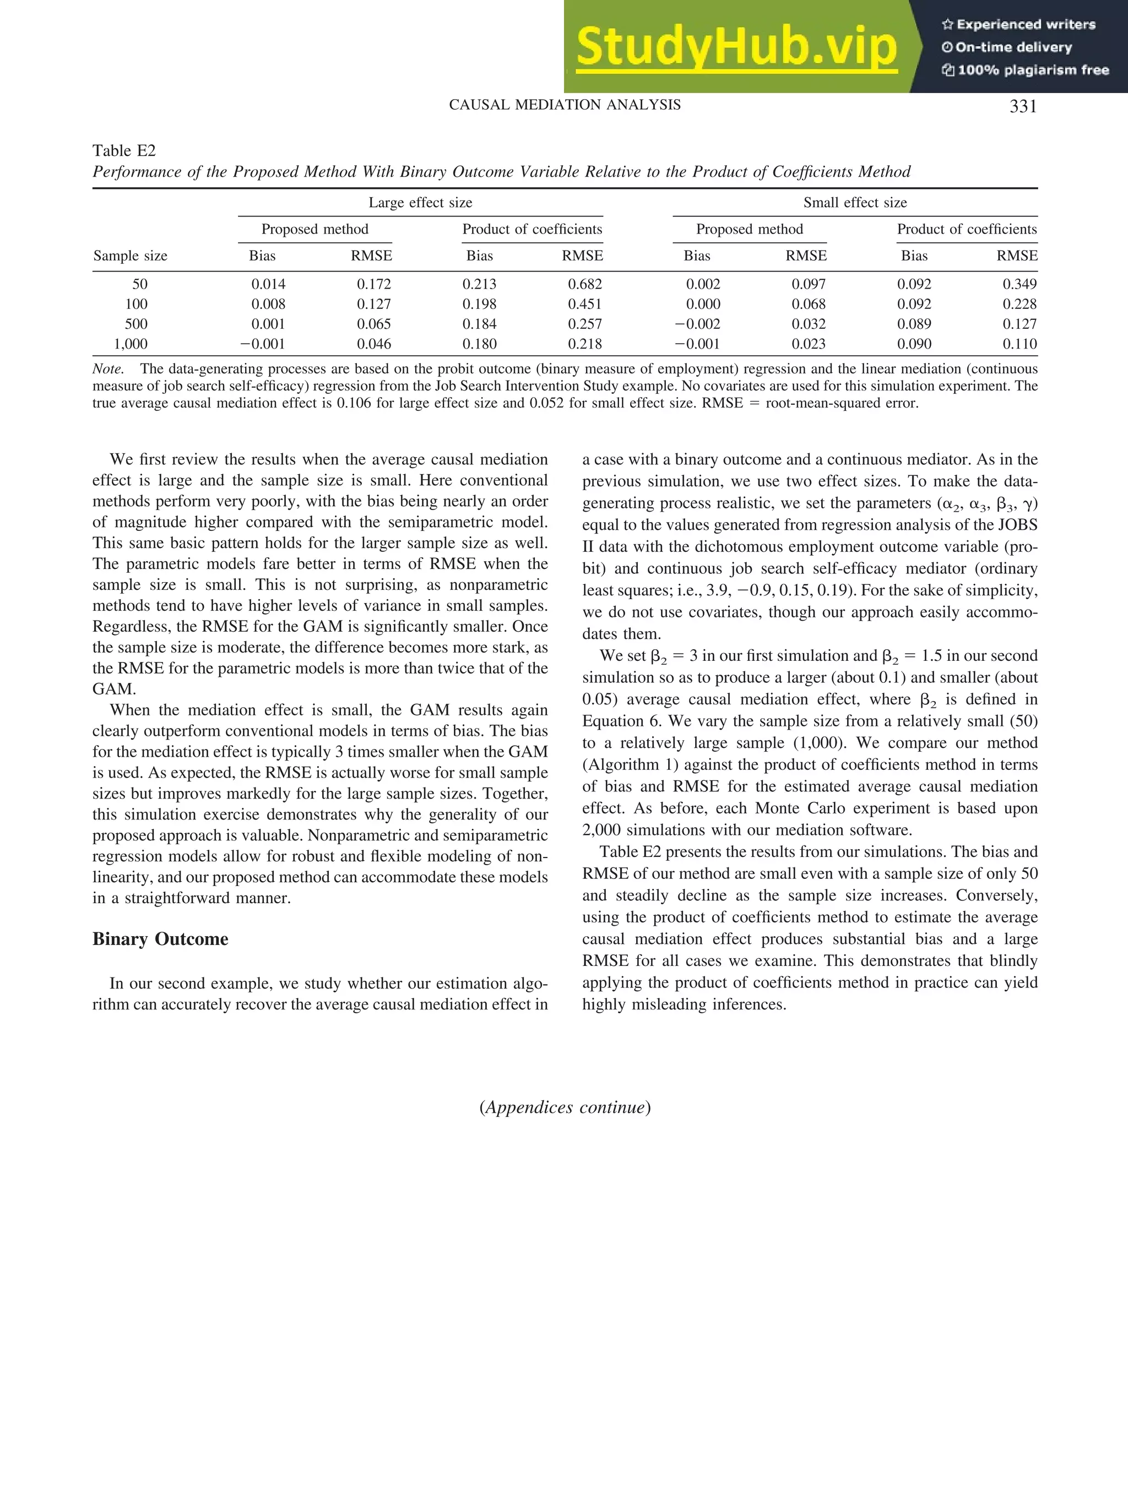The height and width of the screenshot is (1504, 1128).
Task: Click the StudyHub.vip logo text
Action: tap(736, 46)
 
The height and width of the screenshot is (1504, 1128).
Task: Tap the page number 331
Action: tap(1023, 106)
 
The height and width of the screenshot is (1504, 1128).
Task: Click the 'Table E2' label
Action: tap(124, 150)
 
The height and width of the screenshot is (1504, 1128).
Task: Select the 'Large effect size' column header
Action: tap(420, 203)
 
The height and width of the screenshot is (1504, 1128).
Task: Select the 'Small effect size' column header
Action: tap(855, 203)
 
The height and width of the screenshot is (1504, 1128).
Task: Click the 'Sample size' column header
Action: tap(130, 256)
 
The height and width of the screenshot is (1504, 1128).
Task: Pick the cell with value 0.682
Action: tap(585, 284)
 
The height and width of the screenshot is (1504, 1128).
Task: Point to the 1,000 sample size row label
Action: tap(131, 344)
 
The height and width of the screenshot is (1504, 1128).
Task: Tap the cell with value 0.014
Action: tap(269, 284)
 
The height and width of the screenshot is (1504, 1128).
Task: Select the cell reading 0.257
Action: tap(585, 324)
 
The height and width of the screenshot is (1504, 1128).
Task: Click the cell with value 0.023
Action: tap(809, 344)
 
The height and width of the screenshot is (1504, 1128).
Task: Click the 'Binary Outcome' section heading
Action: tap(160, 939)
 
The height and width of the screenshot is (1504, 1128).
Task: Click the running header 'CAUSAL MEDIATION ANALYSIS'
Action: tap(565, 105)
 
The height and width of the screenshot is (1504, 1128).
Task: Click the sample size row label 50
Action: tap(139, 284)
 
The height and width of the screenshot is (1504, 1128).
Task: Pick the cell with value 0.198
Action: tap(479, 304)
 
